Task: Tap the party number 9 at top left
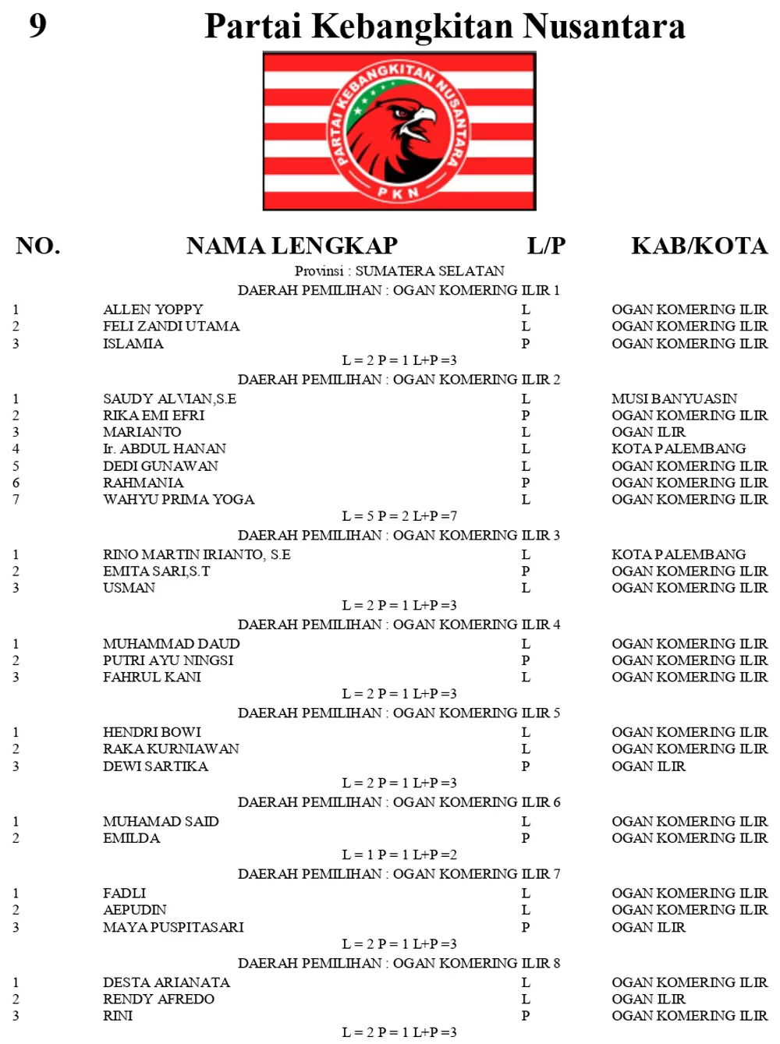coord(37,26)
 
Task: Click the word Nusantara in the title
coord(604,27)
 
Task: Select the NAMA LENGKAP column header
coord(292,246)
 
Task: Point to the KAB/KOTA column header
coord(699,246)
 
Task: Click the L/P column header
coord(546,246)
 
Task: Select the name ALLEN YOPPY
coord(153,310)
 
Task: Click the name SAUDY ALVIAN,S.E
coord(169,398)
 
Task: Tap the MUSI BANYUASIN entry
coord(674,398)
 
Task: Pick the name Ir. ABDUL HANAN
coord(165,448)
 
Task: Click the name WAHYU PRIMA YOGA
coord(179,499)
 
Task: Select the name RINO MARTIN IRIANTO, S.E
coord(197,554)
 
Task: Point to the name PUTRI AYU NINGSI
coord(168,660)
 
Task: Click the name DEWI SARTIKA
coord(155,766)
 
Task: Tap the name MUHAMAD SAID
coord(161,821)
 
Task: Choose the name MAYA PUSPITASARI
coord(173,927)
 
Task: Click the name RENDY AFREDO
coord(158,999)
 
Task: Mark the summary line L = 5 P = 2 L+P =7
coord(399,516)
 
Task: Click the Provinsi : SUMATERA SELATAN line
coord(399,271)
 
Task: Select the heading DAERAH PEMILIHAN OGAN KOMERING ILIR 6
coord(399,802)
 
